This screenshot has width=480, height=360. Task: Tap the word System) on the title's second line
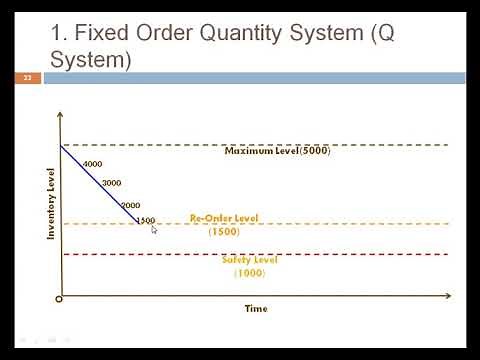point(91,60)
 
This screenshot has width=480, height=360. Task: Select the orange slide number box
point(27,77)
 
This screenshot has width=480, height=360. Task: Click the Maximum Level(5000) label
point(277,151)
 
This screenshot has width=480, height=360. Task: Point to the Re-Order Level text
point(223,218)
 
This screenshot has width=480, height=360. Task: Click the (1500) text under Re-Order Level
point(223,231)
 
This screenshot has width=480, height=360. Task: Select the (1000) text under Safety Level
point(250,273)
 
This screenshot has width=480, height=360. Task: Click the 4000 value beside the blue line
point(93,164)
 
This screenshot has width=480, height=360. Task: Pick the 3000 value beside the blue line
point(111,183)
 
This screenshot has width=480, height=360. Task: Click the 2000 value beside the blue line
point(130,205)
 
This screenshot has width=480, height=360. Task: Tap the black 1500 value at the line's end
point(146,220)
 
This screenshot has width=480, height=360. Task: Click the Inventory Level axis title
point(50,205)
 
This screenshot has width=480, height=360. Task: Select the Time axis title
point(256,309)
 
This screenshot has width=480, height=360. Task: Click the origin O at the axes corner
point(59,298)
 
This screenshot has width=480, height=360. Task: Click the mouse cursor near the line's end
point(154,230)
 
